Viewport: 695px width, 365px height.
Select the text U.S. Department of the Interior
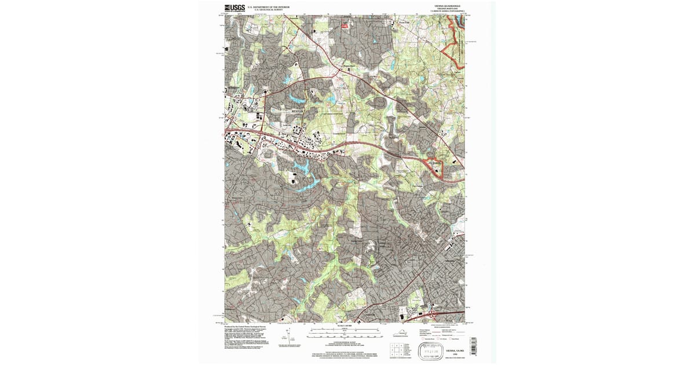tap(269, 7)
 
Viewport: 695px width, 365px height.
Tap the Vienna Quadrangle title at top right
tap(444, 6)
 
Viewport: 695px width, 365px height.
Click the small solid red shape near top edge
tap(346, 25)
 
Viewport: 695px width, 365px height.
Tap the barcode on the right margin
tap(473, 345)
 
